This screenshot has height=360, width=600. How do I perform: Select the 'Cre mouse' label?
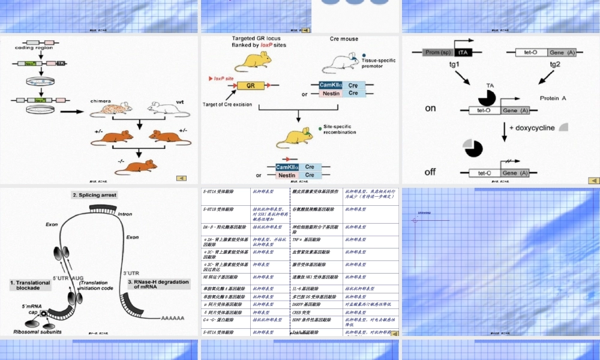344,39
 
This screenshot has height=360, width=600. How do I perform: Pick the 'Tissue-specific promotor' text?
380,64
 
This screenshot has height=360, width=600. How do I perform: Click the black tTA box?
464,52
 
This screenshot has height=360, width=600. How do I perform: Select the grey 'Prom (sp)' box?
438,52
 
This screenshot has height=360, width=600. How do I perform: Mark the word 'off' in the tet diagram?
430,172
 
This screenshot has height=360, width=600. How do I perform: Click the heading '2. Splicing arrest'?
95,195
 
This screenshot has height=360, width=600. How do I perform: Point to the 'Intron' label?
125,214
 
